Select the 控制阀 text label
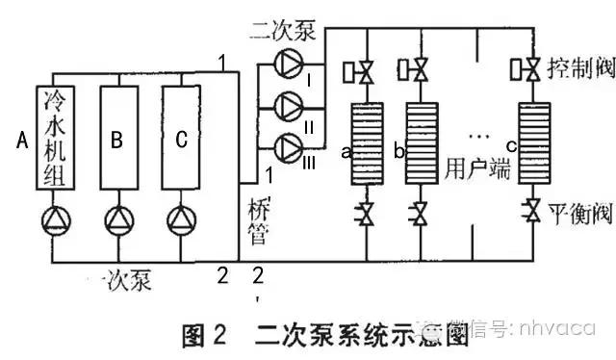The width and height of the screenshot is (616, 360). click(574, 69)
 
